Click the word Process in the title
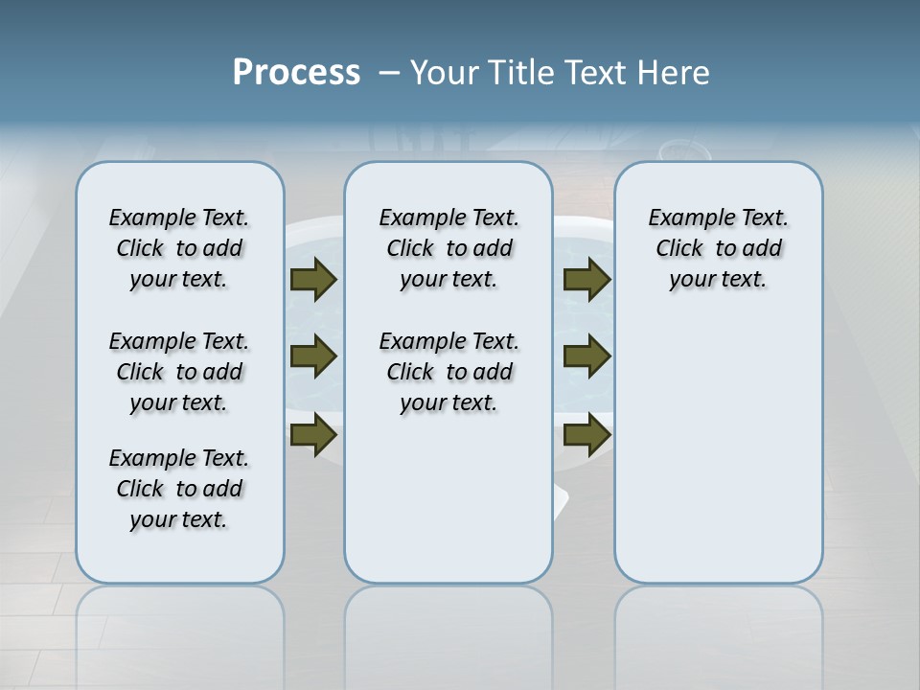click(x=296, y=73)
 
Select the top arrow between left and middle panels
click(x=313, y=279)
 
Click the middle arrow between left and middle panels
click(x=313, y=356)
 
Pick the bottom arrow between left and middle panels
click(x=313, y=435)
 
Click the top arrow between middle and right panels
click(x=586, y=279)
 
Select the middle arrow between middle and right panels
click(x=586, y=356)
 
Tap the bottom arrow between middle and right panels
click(x=586, y=435)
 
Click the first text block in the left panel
click(x=179, y=248)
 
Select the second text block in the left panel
click(x=179, y=372)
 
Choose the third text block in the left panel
click(x=179, y=489)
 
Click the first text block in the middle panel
click(x=448, y=248)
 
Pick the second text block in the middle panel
click(x=448, y=372)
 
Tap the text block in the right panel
click(x=719, y=248)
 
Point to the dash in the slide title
click(x=389, y=73)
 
